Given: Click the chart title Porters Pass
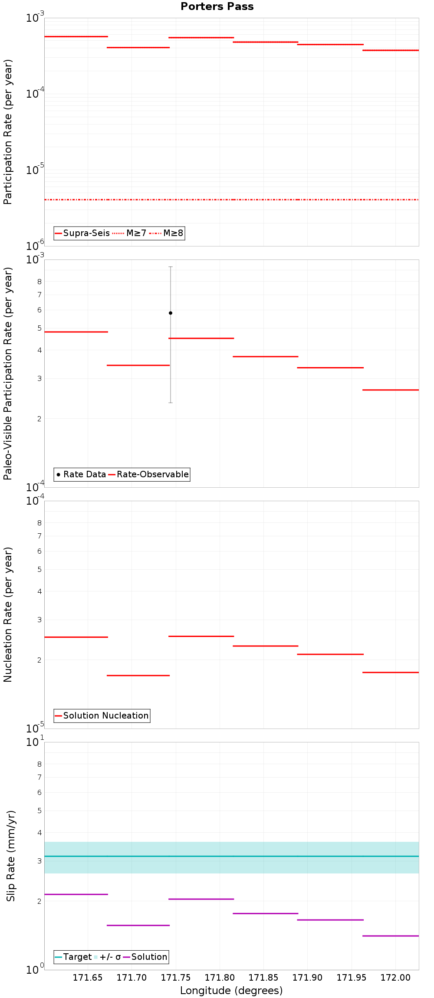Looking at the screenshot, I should [217, 7].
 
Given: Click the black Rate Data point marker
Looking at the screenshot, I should [171, 313].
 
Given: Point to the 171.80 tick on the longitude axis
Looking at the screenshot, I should [220, 978].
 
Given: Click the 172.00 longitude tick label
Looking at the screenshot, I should [395, 978].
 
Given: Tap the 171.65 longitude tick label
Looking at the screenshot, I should [88, 978].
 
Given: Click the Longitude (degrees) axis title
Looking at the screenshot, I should [231, 991].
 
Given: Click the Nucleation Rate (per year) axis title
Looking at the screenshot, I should [8, 614].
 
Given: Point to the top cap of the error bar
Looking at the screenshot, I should [171, 267].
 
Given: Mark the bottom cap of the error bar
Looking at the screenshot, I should [171, 403].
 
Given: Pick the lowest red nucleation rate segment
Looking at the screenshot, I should [138, 676].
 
